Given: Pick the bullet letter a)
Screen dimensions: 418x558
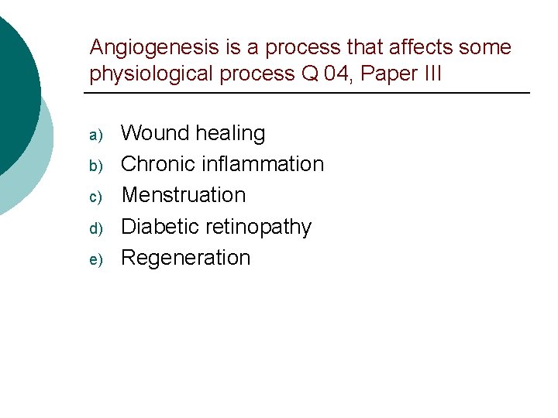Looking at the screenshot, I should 96,135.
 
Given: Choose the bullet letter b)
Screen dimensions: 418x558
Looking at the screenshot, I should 96,166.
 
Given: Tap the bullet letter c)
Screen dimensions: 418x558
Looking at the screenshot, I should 96,197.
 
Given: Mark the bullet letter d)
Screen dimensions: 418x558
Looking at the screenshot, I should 96,229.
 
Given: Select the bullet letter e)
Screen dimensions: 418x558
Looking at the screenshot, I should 96,260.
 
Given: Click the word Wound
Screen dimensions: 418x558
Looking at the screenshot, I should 155,133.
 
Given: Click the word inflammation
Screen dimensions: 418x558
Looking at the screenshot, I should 263,164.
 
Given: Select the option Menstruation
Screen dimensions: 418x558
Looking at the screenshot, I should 184,195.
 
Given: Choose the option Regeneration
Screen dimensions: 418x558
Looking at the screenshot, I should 186,258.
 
